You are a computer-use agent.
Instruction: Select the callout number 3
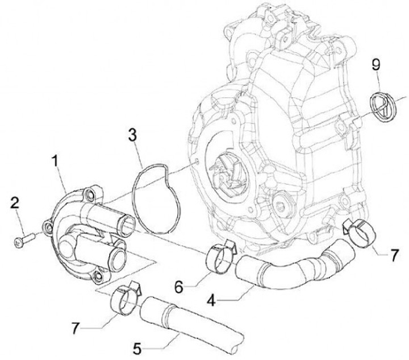tap(131, 135)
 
